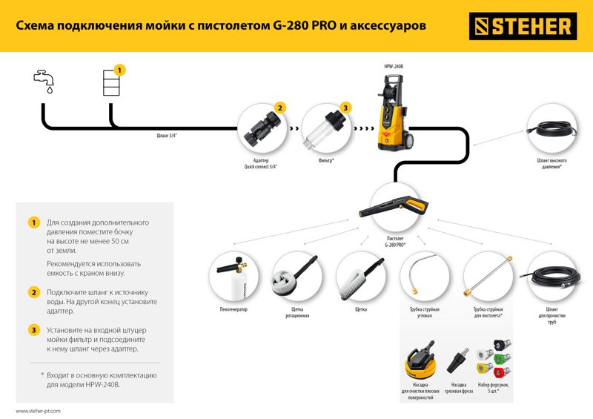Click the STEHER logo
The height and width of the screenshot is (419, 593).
(x=523, y=26)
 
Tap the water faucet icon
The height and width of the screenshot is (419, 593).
(x=44, y=81)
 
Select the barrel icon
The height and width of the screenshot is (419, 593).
(x=111, y=82)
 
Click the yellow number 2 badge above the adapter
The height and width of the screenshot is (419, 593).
(x=280, y=108)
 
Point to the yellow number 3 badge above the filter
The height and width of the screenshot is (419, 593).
(x=345, y=108)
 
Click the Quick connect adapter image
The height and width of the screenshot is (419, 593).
(x=262, y=128)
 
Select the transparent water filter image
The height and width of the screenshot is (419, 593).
(x=325, y=129)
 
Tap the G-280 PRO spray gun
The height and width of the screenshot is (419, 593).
(x=394, y=205)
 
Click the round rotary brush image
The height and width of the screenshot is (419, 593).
(x=294, y=277)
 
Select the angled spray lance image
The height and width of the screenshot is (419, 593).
(x=423, y=275)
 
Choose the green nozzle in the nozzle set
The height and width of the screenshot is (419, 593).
(x=502, y=358)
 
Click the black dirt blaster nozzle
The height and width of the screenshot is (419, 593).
(x=457, y=361)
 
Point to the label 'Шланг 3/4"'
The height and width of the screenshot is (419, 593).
(x=167, y=136)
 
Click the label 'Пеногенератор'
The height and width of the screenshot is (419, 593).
(x=233, y=309)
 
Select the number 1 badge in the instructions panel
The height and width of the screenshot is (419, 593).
(x=34, y=222)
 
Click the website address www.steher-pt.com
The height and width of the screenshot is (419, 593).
(x=39, y=411)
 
